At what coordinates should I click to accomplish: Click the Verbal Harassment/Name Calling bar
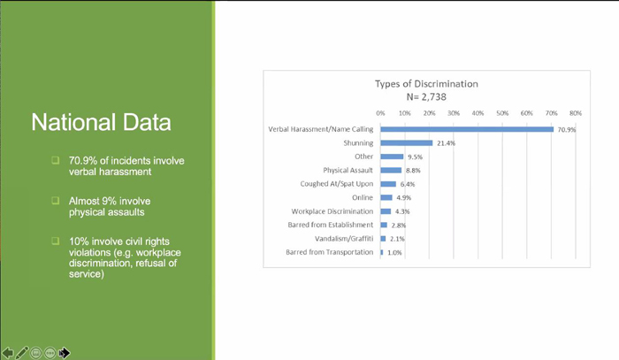coord(467,129)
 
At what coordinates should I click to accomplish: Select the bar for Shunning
coord(407,143)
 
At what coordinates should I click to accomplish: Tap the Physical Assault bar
coord(391,170)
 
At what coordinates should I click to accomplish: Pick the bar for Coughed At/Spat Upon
coord(388,184)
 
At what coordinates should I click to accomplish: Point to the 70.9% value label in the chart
coord(567,129)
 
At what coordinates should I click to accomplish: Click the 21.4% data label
coord(446,143)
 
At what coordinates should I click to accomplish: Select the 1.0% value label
coord(394,253)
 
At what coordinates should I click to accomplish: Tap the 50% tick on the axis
coord(502,113)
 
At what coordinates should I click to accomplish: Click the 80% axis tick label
coord(576,113)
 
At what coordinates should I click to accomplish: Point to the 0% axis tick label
coord(380,113)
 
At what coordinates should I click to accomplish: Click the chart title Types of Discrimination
coord(426,84)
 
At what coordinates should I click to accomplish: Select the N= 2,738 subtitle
coord(426,96)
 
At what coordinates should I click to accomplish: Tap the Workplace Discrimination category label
coord(332,211)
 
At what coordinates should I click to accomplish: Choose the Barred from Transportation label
coord(329,252)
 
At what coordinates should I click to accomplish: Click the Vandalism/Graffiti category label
coord(344,239)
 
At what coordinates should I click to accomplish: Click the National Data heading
coord(101,122)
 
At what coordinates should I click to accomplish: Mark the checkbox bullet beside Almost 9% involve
coord(55,201)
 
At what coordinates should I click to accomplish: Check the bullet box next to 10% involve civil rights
coord(55,241)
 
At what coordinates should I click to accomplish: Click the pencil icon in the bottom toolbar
coord(22,353)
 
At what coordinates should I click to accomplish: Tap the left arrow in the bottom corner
coord(7,353)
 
